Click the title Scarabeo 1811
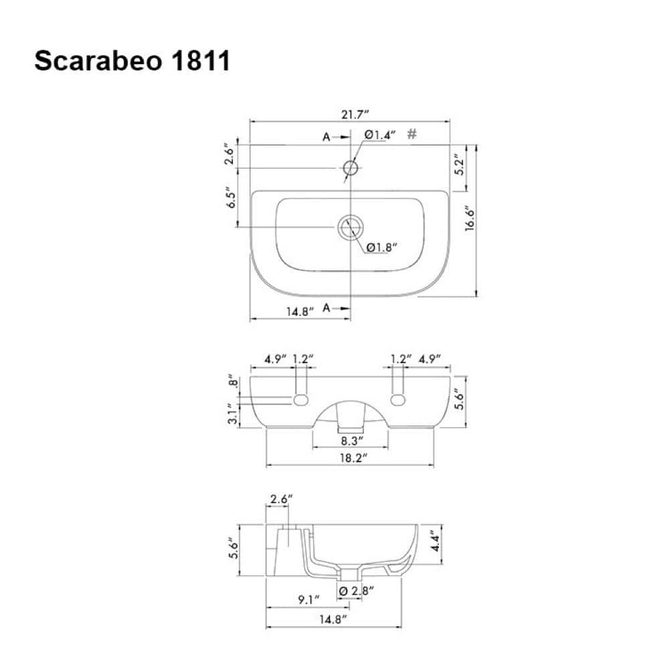(132, 61)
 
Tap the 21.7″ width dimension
(355, 115)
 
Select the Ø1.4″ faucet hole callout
(380, 135)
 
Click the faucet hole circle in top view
(351, 168)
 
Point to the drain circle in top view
(351, 227)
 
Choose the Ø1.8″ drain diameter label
(381, 247)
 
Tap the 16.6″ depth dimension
(470, 219)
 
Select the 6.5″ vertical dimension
(230, 197)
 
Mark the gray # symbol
(411, 134)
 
